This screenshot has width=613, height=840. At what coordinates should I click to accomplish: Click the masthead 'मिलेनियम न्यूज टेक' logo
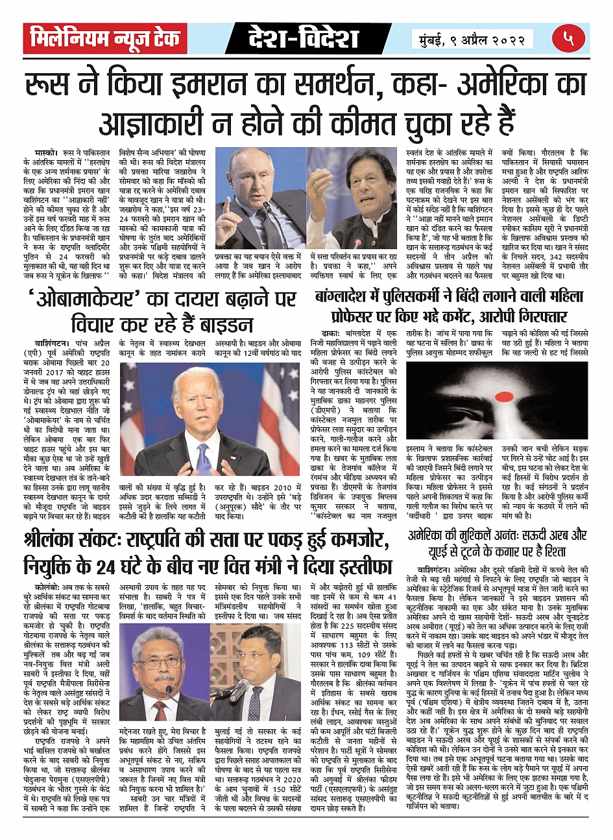[x=105, y=38]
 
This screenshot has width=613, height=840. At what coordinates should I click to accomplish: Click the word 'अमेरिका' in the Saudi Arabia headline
[x=434, y=535]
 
